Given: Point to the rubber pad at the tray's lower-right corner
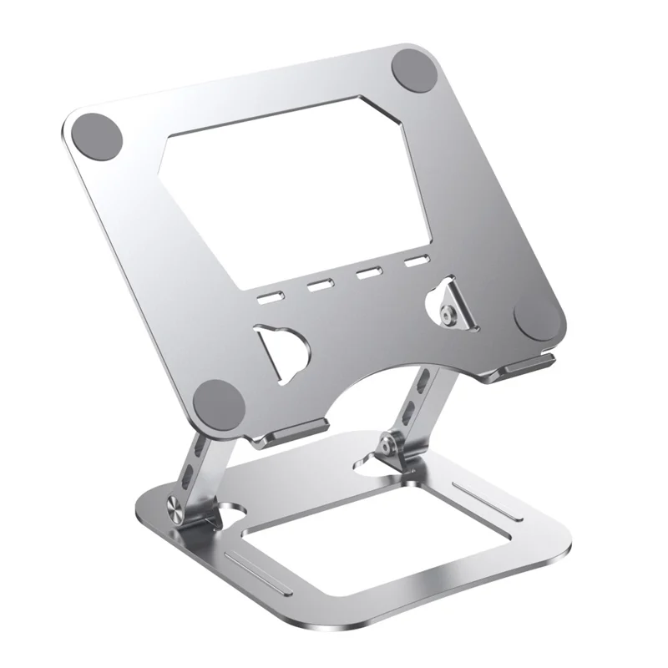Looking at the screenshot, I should click(x=537, y=318).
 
